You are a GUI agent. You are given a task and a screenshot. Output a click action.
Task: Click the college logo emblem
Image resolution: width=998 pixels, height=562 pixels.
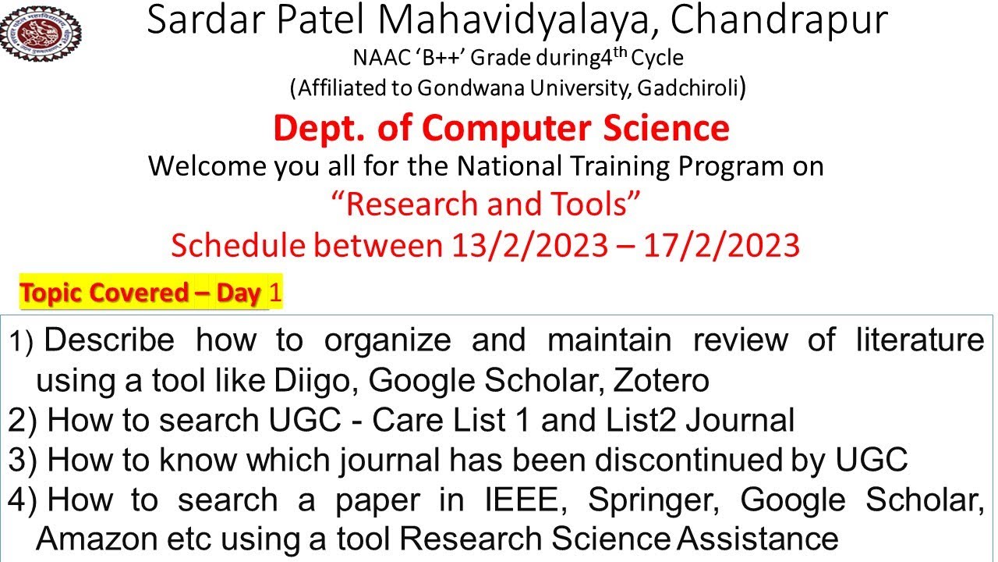[41, 31]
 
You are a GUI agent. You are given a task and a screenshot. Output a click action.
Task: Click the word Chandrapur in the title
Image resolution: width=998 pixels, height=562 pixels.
[779, 21]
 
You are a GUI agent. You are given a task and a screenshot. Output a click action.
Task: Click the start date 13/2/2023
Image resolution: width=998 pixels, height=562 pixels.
[529, 246]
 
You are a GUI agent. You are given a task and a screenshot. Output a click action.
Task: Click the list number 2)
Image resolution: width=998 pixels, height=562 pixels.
[23, 421]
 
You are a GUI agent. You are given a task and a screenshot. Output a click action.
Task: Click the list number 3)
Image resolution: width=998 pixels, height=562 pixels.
[23, 461]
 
